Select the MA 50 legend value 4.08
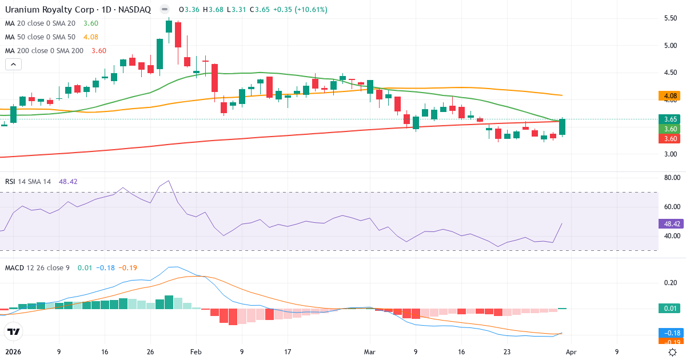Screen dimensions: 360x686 pos(91,37)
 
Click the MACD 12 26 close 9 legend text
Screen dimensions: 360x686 pos(37,267)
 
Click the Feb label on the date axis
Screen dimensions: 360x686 pos(196,352)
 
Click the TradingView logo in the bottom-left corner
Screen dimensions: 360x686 pos(13,331)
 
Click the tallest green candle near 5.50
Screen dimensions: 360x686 pos(169,26)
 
